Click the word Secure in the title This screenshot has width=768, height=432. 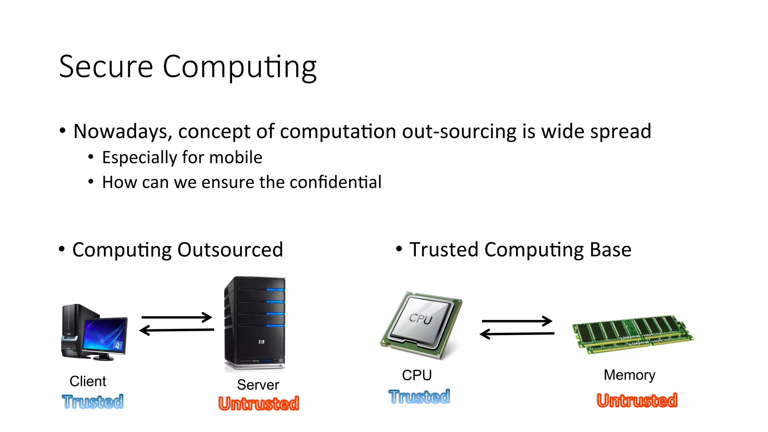[106, 67]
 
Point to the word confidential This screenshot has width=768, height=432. [335, 182]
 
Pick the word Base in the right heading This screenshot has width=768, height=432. [610, 250]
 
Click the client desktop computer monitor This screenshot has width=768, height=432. [105, 334]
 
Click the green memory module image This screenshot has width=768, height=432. [633, 334]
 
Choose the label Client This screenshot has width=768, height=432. [88, 381]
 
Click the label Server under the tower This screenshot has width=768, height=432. [258, 385]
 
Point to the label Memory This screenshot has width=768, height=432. [629, 375]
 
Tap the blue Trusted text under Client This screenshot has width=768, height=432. [93, 402]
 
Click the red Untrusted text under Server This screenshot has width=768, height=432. [259, 403]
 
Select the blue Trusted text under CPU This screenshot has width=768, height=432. [419, 397]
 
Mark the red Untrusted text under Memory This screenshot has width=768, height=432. [637, 400]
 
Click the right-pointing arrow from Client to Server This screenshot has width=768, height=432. [177, 317]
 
